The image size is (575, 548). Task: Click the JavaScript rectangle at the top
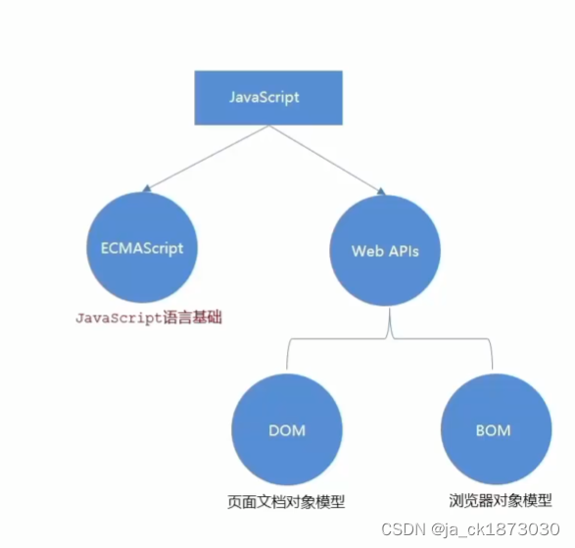(x=264, y=98)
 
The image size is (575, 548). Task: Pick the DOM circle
(x=286, y=429)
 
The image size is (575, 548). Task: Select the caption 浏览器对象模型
(x=495, y=499)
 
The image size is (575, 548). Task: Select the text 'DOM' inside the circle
(x=286, y=430)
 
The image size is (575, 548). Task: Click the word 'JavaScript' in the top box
(x=264, y=98)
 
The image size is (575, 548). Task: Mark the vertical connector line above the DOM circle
(x=286, y=355)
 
